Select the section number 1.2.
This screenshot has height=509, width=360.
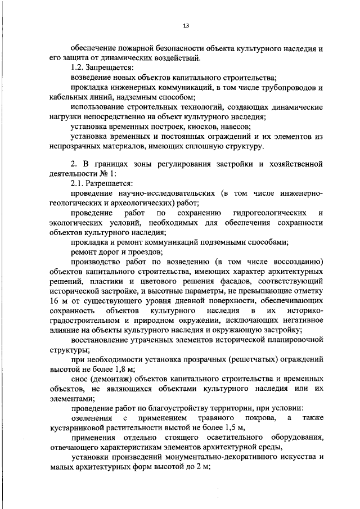point(78,67)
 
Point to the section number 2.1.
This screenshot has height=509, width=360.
point(78,183)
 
